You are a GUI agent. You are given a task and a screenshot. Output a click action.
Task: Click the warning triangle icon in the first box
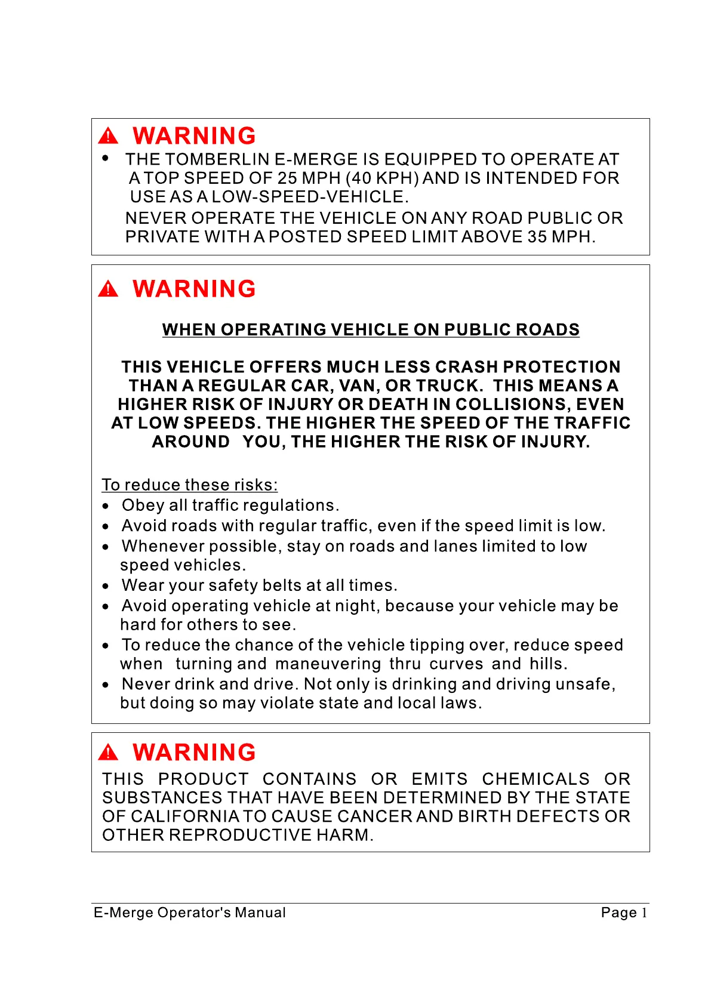pos(108,136)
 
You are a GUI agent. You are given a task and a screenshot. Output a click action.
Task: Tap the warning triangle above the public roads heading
pos(108,289)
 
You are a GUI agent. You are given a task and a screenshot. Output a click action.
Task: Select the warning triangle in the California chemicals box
pos(108,752)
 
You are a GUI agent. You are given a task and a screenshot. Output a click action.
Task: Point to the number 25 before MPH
pos(287,178)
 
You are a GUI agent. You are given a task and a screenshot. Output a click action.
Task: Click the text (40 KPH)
pos(383,178)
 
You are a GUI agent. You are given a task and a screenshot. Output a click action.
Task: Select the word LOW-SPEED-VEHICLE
pos(308,196)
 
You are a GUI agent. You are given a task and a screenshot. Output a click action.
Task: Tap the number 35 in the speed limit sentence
pos(537,236)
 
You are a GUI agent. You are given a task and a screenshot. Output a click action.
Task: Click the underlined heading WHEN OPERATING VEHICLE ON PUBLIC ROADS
pos(371,329)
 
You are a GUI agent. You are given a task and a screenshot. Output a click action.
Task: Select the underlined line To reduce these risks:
pos(190,485)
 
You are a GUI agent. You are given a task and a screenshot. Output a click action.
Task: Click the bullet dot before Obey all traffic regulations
pos(106,507)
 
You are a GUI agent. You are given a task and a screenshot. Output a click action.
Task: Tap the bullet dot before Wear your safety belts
pos(106,587)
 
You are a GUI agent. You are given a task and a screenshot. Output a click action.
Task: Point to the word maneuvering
pos(328,664)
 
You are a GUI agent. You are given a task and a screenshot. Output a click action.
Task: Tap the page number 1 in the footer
pos(644,912)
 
